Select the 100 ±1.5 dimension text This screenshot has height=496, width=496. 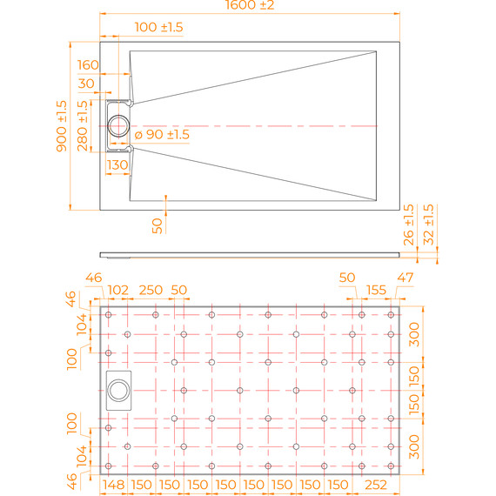click(159, 28)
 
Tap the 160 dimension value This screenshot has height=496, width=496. click(88, 65)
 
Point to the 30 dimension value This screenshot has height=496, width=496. click(86, 84)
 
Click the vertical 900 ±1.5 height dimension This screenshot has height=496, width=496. click(62, 126)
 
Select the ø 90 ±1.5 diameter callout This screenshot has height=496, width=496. click(162, 134)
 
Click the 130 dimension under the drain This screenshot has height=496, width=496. click(117, 164)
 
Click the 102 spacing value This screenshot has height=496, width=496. click(117, 290)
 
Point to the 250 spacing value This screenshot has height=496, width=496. click(151, 290)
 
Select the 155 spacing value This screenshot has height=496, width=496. click(376, 290)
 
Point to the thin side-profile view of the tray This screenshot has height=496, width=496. click(251, 255)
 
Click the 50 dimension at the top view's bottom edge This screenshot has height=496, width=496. click(158, 225)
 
